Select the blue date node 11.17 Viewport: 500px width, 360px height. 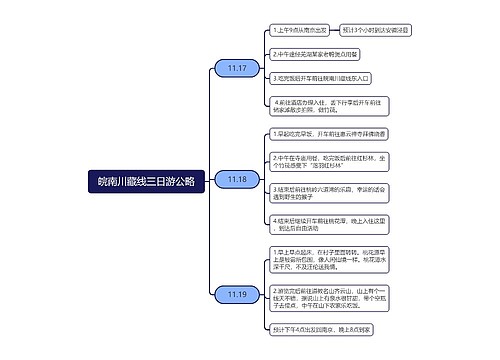tap(237, 68)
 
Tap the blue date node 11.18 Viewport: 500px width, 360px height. tap(237, 179)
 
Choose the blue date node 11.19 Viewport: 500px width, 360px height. tap(237, 294)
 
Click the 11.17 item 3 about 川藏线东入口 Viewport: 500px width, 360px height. tap(320, 77)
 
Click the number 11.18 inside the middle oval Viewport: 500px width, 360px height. tap(237, 179)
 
